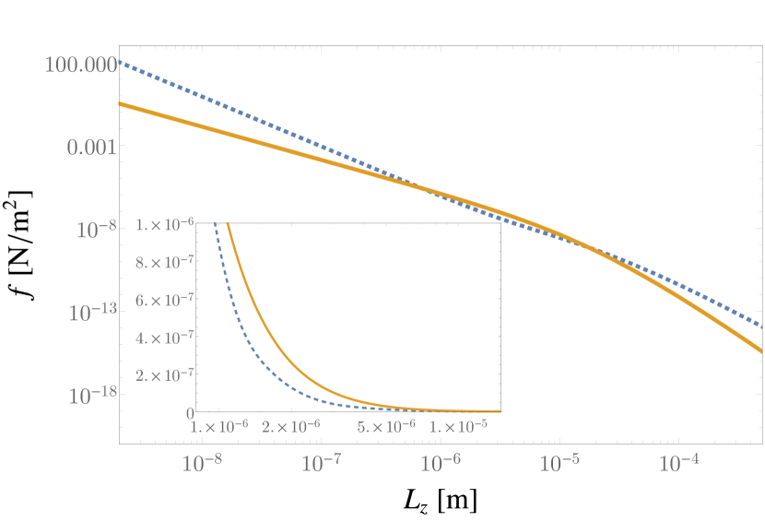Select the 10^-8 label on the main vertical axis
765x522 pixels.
coord(94,229)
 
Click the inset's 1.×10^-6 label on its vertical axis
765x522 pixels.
coord(163,224)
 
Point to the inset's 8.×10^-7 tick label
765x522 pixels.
coord(163,262)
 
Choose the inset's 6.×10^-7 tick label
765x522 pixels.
coord(163,300)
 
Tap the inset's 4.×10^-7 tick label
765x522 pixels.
coord(163,338)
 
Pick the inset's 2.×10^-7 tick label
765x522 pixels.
coord(163,375)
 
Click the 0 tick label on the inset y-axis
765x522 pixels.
coord(188,412)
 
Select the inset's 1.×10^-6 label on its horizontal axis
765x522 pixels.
coord(218,426)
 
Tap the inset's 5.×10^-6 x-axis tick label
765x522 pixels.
coord(385,426)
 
